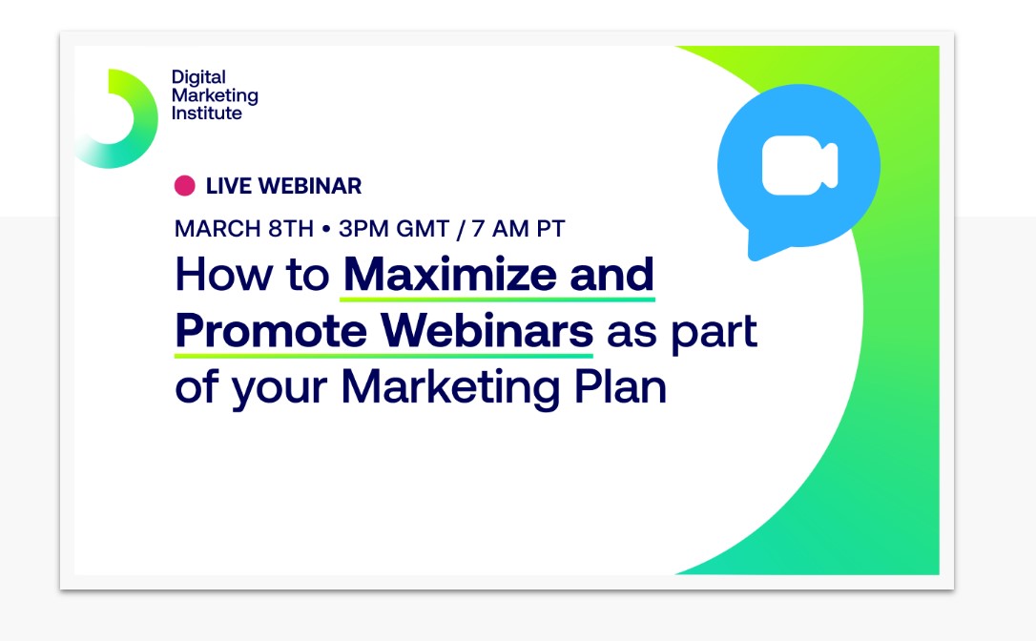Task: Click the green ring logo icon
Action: click(x=115, y=118)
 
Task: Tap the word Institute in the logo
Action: click(x=206, y=114)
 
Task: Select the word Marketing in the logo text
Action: click(x=215, y=95)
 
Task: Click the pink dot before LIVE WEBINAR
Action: click(x=184, y=186)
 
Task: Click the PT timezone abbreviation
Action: click(x=551, y=229)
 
